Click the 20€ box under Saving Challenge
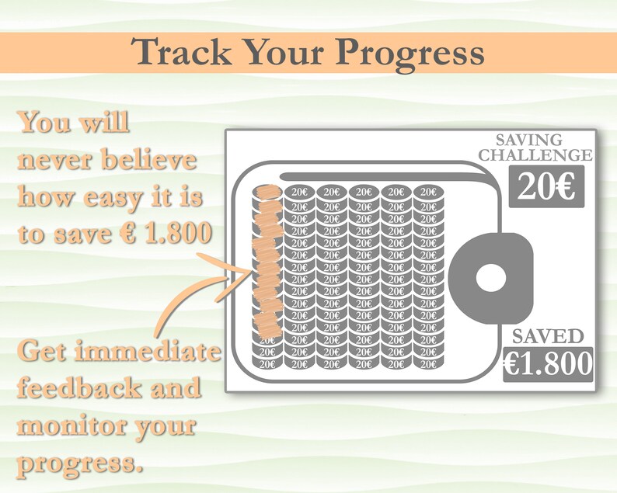tap(546, 187)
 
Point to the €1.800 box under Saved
tap(547, 363)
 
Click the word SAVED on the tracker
tap(547, 336)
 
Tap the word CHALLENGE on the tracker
tap(535, 155)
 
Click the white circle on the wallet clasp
tap(490, 279)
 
